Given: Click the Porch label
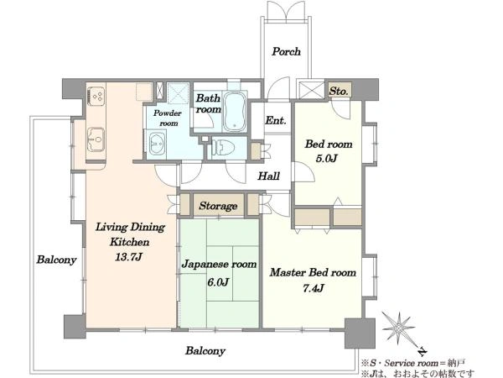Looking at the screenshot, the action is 286,51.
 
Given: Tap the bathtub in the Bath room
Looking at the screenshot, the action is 234,111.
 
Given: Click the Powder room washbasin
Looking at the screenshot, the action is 157,144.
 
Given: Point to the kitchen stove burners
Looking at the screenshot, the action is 96,96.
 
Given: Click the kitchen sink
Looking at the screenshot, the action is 96,139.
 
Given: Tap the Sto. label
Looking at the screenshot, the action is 339,92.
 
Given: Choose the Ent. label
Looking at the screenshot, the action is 276,120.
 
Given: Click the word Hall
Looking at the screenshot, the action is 269,176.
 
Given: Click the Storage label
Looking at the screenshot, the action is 218,206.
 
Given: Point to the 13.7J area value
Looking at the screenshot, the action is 128,257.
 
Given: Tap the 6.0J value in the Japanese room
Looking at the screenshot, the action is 218,282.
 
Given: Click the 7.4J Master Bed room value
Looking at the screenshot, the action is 313,288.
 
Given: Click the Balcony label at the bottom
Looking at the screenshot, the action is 205,350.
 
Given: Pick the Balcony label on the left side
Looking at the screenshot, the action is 56,260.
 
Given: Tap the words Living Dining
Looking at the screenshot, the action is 130,228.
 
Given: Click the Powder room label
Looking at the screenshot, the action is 168,118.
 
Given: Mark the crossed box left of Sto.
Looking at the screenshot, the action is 311,90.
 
